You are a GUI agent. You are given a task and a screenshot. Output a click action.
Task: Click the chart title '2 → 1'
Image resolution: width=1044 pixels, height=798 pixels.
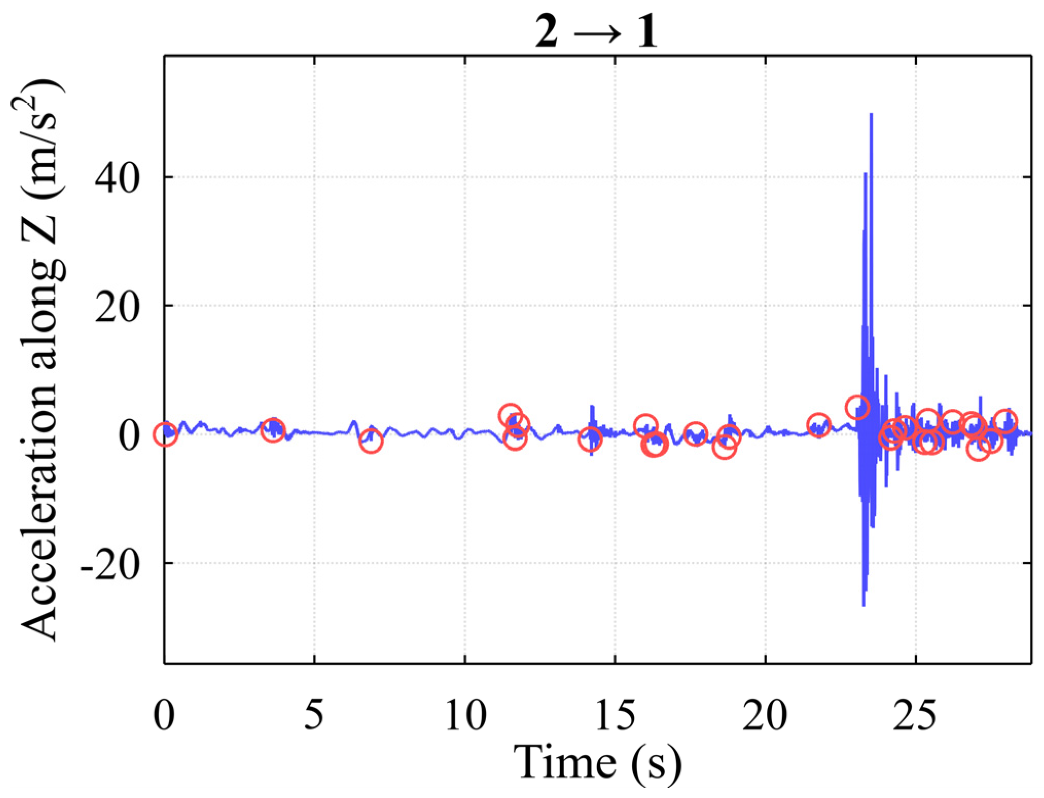(596, 32)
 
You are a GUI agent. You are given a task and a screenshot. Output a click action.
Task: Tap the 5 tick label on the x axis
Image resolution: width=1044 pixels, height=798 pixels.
(314, 715)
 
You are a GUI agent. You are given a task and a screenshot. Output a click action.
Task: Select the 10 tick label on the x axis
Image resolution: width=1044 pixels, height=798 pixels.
(465, 715)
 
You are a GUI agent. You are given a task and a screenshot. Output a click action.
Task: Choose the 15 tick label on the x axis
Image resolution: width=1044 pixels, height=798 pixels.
(615, 715)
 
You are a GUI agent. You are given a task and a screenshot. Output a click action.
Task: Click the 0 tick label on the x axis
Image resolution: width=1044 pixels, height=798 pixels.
(165, 715)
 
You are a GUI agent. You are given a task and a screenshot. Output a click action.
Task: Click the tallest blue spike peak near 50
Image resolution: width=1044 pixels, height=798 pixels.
(871, 115)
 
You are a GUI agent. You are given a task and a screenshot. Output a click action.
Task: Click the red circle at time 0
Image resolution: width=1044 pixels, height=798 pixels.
(165, 434)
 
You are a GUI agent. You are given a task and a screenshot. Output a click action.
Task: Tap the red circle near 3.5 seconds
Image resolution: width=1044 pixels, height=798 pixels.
(273, 430)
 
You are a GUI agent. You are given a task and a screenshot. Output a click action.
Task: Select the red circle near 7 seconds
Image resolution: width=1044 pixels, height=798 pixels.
(371, 441)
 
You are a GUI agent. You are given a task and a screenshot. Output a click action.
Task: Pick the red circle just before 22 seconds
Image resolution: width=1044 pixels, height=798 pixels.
(819, 425)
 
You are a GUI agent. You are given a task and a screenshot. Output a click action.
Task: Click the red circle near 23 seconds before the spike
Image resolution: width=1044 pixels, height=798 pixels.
(857, 408)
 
